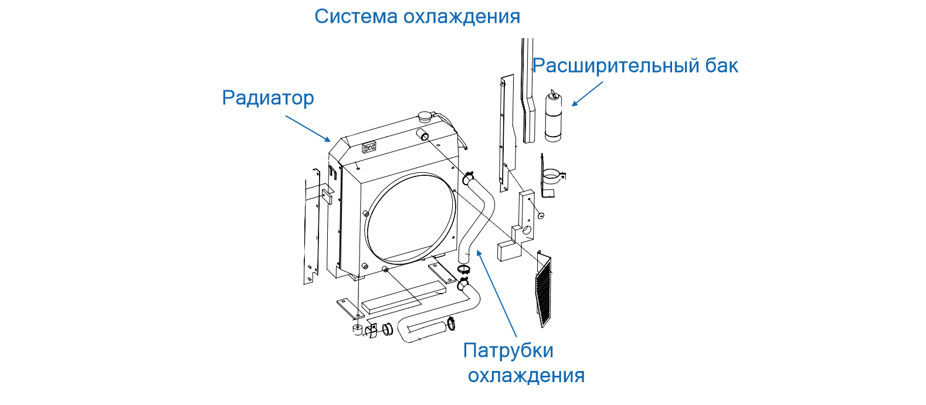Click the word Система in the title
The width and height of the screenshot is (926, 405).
[356, 16]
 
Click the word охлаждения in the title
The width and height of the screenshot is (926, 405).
[463, 16]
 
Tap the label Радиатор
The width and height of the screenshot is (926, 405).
[268, 98]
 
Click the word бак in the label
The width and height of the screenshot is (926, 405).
[722, 66]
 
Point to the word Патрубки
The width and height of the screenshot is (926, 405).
[508, 350]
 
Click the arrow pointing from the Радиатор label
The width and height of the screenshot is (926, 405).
[308, 128]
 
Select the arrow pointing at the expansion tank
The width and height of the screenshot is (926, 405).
[588, 94]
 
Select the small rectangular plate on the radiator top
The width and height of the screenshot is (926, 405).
[369, 147]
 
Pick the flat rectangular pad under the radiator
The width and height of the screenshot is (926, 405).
[404, 297]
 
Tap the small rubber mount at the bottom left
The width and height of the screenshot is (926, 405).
[357, 330]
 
